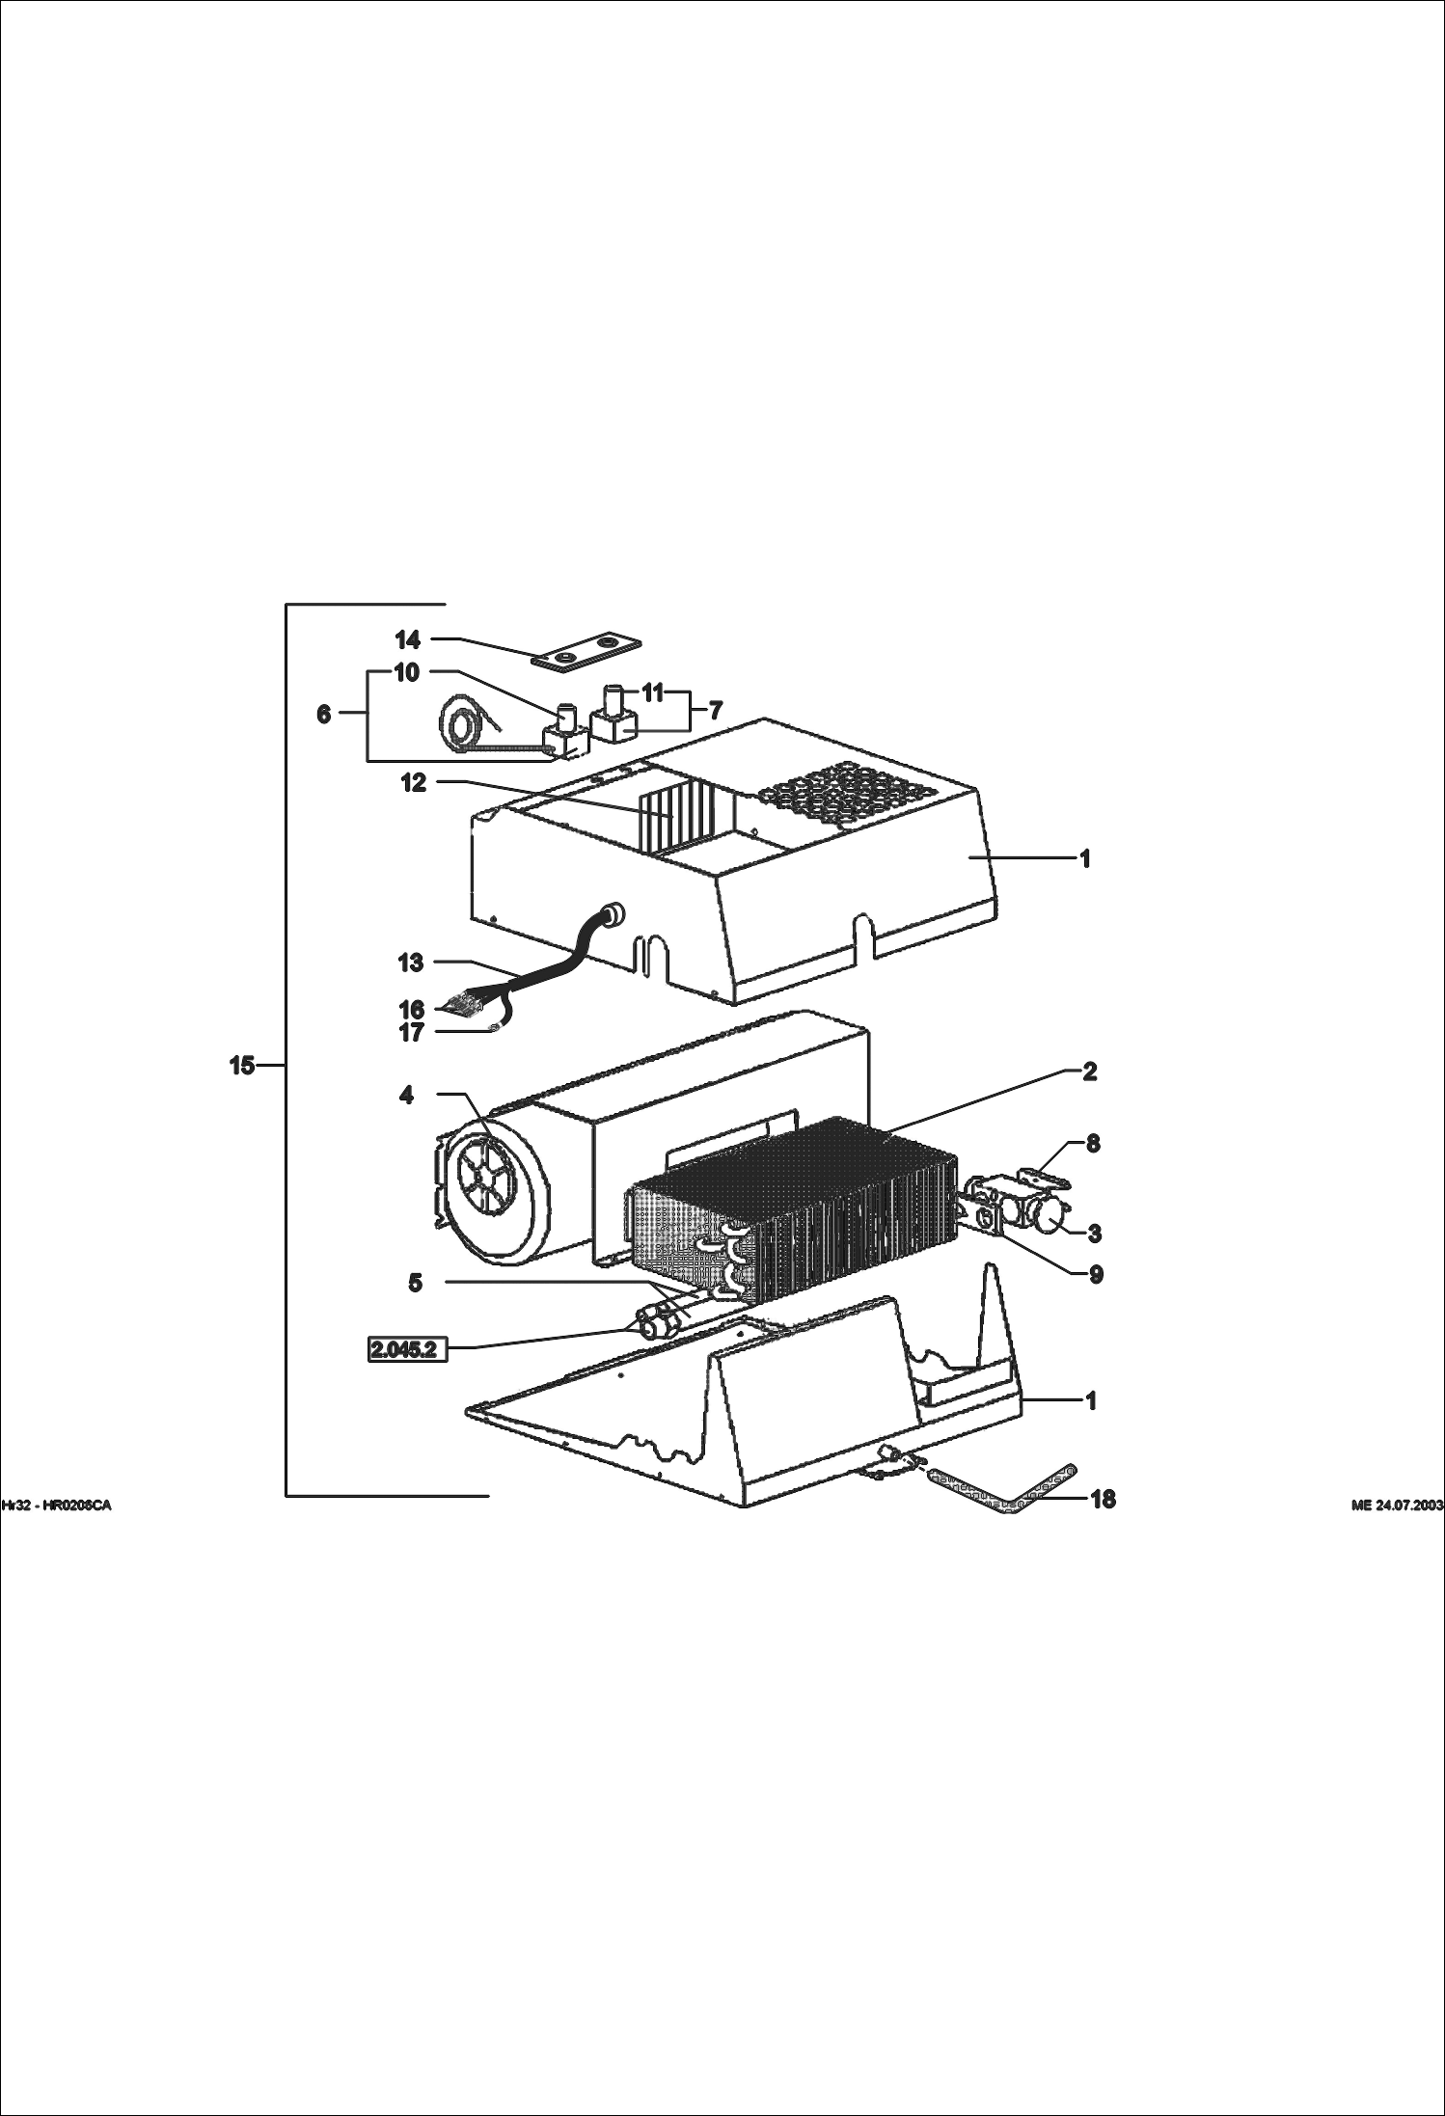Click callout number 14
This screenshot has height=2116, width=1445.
click(408, 639)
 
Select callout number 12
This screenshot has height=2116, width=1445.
click(414, 782)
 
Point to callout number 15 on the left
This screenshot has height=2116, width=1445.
click(242, 1065)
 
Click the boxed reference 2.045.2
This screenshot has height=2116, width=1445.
click(406, 1348)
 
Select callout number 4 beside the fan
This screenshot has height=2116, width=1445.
click(407, 1095)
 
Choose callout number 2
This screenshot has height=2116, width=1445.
click(1090, 1072)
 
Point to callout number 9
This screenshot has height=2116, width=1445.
click(1096, 1274)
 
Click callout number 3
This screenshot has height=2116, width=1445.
click(1095, 1233)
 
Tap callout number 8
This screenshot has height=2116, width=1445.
click(1093, 1144)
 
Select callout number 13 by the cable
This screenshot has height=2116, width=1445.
click(411, 962)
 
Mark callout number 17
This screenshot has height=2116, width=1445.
click(411, 1033)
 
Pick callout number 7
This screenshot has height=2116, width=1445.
click(715, 711)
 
